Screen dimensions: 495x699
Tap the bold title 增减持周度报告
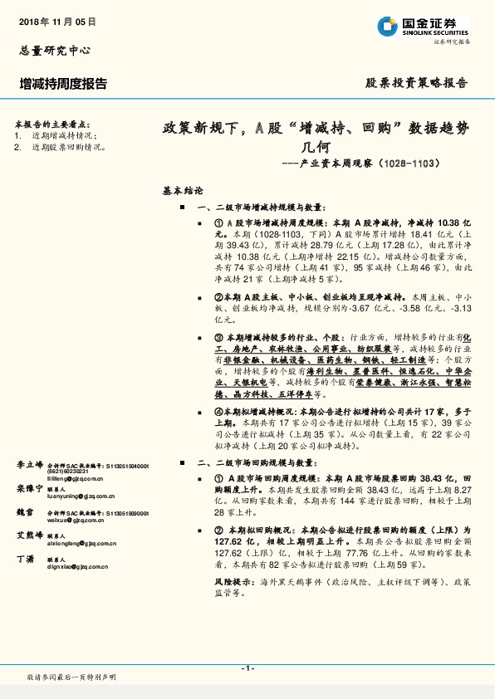pos(63,84)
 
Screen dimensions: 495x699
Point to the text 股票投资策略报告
pos(417,84)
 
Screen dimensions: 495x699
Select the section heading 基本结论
pos(182,191)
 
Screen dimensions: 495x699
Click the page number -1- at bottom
pos(247,668)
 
